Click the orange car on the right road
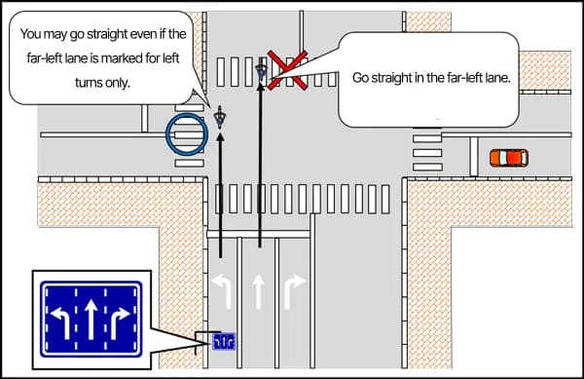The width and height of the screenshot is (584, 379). pos(508,157)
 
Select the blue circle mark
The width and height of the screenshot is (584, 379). pos(184,133)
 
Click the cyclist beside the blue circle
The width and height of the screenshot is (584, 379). pos(221,118)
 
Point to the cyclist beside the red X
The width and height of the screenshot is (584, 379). pos(261,70)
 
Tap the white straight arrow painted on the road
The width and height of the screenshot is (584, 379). pos(259,289)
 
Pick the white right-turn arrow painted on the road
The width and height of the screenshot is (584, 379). pos(293,289)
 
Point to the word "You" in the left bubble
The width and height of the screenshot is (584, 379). pos(32,33)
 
